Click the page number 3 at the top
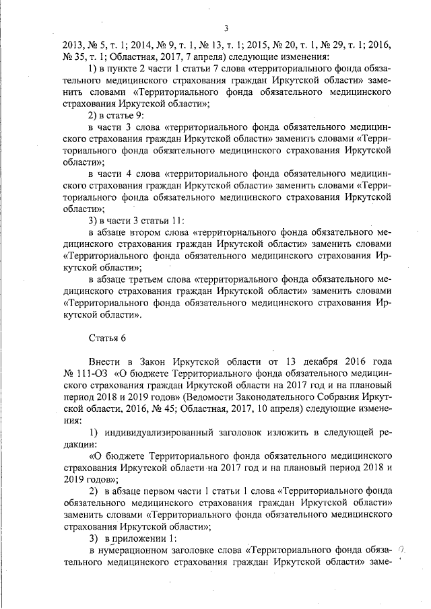226,28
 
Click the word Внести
106,360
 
